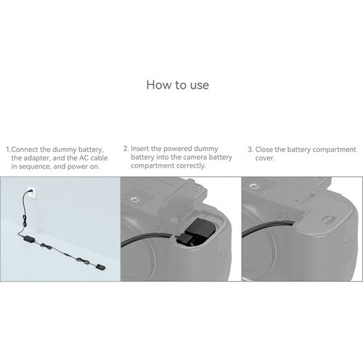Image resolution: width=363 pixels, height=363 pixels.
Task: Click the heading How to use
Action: click(x=178, y=85)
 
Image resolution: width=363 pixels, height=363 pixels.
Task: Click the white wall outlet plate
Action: click(x=32, y=192)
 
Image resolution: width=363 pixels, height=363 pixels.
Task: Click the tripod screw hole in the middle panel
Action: click(x=133, y=200)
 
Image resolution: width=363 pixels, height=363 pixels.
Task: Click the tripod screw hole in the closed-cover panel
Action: click(x=253, y=187)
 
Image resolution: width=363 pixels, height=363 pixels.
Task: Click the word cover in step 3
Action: click(x=264, y=158)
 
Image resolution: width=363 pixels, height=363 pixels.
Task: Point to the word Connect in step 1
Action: click(x=25, y=150)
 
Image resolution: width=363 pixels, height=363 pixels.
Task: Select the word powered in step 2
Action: click(x=178, y=149)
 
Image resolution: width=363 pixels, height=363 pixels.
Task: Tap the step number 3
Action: click(x=250, y=150)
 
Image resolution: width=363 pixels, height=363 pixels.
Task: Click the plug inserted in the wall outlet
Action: click(x=30, y=191)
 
